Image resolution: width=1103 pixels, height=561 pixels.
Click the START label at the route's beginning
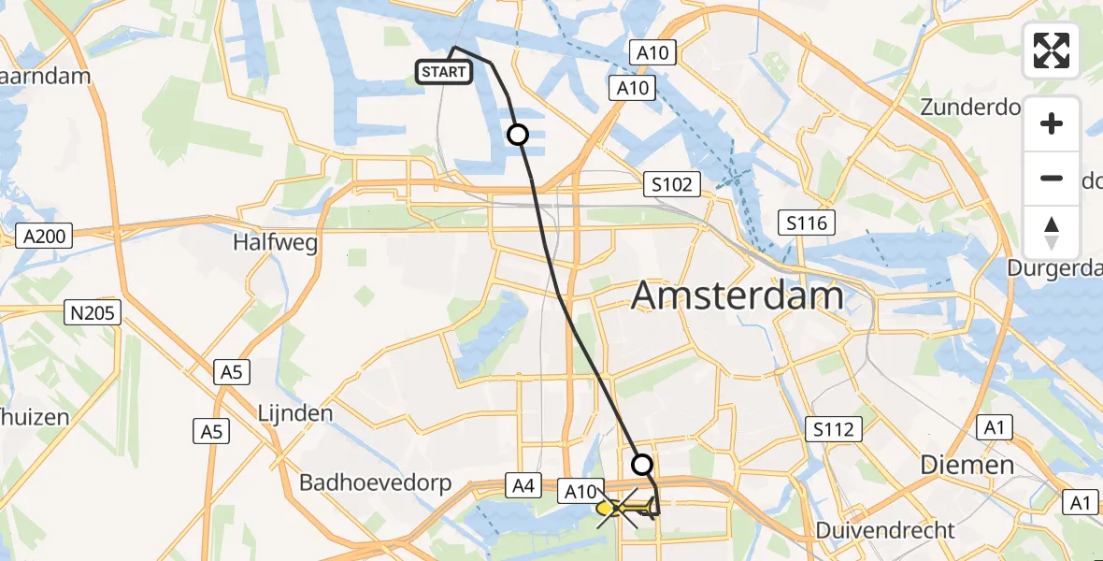pos(444,72)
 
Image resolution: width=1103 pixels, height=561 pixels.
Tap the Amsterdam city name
pos(738,295)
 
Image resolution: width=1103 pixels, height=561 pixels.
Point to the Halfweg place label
pos(276,243)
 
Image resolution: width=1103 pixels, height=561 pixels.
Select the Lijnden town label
pos(294,412)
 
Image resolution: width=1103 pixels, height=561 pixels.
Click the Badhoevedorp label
pos(376,483)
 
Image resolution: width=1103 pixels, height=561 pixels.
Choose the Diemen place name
pos(967,465)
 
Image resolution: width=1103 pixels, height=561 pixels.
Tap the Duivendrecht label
pos(885,530)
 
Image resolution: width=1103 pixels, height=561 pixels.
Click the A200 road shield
pos(45,237)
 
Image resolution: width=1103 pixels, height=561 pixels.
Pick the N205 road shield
pos(93,313)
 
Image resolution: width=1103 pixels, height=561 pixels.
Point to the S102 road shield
pos(673,184)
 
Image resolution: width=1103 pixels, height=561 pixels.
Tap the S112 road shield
pos(833,429)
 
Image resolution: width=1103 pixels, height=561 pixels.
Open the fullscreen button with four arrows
pos(1052,50)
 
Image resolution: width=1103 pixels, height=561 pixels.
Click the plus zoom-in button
pos(1052,123)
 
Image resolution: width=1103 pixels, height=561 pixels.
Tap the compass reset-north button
pos(1052,233)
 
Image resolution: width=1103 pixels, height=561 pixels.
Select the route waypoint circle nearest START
pos(517,135)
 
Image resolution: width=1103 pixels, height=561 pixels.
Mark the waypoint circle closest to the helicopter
pos(642,464)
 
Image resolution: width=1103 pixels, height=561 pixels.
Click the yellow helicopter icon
pos(626,508)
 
